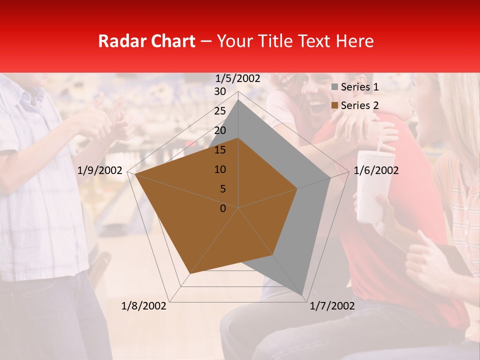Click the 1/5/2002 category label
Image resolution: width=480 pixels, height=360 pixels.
click(x=238, y=78)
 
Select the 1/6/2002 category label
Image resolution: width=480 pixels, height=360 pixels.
click(x=376, y=170)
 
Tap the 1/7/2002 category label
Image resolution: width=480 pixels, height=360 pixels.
click(x=332, y=306)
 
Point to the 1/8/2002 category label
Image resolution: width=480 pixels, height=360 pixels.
click(x=144, y=306)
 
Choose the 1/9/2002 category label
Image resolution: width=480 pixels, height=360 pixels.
click(x=100, y=170)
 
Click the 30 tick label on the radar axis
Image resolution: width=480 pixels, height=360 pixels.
click(x=220, y=91)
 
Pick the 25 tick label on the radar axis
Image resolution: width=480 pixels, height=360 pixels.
click(x=220, y=111)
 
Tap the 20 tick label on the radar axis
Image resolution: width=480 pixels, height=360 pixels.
click(x=220, y=130)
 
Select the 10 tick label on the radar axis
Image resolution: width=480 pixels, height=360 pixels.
click(x=220, y=169)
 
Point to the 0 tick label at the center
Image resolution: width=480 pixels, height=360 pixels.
click(x=223, y=208)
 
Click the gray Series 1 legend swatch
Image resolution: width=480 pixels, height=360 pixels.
click(x=335, y=87)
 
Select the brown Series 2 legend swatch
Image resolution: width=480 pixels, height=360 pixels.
click(x=335, y=105)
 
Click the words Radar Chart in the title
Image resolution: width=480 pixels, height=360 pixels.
click(x=146, y=41)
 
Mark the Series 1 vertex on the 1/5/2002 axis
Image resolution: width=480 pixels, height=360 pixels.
click(x=238, y=100)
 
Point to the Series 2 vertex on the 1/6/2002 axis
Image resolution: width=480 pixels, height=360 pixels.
click(x=297, y=188)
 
